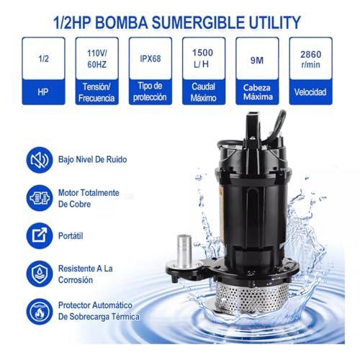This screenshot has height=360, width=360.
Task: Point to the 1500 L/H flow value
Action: coord(204,59)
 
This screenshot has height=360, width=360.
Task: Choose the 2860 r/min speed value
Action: coord(310,59)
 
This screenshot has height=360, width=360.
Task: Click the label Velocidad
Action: coord(310,92)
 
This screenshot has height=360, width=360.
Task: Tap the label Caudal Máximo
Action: coord(204,92)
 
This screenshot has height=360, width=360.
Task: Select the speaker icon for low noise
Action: coord(39,159)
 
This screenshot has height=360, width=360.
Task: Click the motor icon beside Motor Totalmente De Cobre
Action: coord(39,197)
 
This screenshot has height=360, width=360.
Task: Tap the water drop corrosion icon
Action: coord(39,273)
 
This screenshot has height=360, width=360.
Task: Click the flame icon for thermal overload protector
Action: coord(39,311)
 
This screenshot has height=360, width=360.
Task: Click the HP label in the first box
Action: coord(43,92)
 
